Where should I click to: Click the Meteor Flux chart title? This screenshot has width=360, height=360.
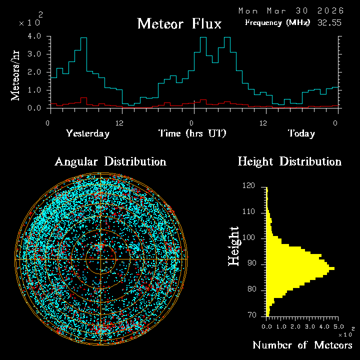point(179,23)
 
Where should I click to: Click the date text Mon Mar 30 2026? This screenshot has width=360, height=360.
point(290,10)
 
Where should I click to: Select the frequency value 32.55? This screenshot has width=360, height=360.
point(329,22)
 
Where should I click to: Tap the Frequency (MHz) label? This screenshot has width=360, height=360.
point(277,22)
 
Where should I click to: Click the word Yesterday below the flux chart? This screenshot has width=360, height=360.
point(87,133)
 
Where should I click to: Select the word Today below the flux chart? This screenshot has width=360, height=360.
point(301,133)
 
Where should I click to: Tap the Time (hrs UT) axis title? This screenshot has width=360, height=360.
point(192,133)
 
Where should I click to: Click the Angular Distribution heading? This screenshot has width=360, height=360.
point(110,161)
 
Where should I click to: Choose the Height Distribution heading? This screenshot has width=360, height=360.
point(289,161)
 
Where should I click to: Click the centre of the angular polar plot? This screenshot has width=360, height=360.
point(100,259)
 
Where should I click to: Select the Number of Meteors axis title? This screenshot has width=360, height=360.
point(302,345)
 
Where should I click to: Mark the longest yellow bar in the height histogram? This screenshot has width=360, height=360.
point(300,269)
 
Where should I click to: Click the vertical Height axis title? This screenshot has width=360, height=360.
point(234,245)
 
